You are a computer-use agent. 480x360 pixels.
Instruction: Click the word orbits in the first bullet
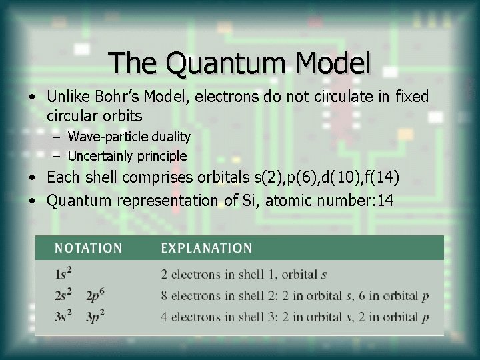point(124,115)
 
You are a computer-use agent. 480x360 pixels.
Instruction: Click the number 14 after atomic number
point(385,200)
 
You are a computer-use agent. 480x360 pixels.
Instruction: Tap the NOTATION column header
point(89,249)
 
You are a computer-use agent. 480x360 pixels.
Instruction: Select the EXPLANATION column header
point(207,249)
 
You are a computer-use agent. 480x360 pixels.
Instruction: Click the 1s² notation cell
point(64,273)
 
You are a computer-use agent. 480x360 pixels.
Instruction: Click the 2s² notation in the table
point(65,295)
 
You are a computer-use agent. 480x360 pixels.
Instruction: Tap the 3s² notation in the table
point(65,317)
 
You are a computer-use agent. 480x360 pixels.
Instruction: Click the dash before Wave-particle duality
point(57,137)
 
